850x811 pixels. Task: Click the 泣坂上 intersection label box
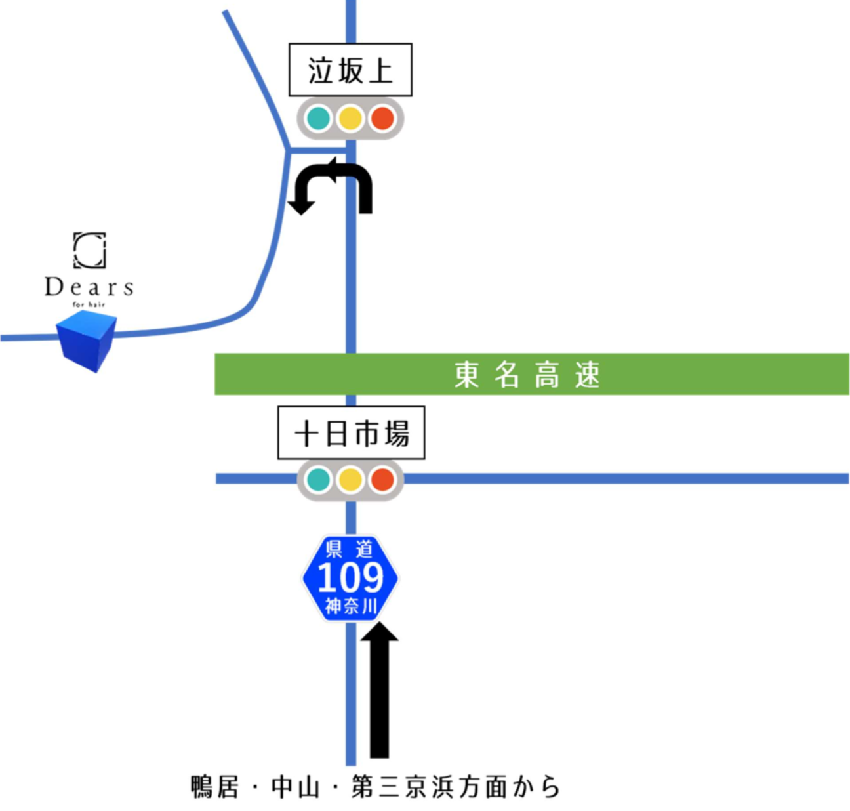click(x=350, y=70)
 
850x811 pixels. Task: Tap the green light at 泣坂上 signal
click(x=319, y=119)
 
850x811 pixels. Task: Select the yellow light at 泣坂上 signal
click(x=350, y=119)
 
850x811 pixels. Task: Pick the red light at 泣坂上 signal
click(x=382, y=119)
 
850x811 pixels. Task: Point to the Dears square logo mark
click(x=89, y=250)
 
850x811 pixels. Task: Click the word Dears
click(x=89, y=287)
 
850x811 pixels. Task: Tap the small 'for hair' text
click(x=89, y=304)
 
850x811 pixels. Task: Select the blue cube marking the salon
click(x=87, y=341)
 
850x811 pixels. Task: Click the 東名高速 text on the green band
click(x=527, y=375)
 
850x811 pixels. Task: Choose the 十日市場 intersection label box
click(x=352, y=433)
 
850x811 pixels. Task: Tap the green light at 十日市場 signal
click(x=319, y=480)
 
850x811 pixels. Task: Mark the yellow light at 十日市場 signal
click(x=350, y=480)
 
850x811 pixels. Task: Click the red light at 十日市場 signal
click(x=382, y=480)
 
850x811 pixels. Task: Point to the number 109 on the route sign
click(x=350, y=577)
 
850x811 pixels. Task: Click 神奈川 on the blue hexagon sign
click(x=351, y=606)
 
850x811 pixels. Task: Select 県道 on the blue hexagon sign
click(x=350, y=549)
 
